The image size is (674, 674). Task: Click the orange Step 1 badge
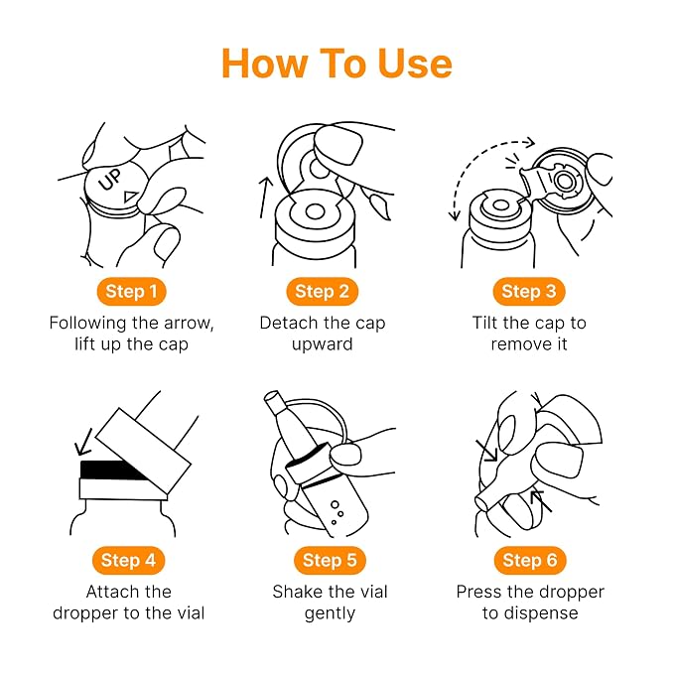coord(132,292)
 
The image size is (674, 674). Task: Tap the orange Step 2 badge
coord(322,292)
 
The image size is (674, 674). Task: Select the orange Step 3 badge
coord(529,292)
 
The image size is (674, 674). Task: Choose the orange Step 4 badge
coord(128,560)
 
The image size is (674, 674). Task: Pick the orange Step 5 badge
coord(330,560)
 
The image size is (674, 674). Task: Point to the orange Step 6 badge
coord(530,560)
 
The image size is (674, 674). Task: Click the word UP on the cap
coord(110,179)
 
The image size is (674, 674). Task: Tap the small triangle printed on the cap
coord(131,196)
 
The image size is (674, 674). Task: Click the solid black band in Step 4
coord(112,470)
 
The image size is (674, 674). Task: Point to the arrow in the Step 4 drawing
coord(83,442)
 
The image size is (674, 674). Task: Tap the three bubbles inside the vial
coord(337,512)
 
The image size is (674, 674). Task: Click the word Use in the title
coord(415,64)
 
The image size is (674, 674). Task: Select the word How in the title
coord(265,64)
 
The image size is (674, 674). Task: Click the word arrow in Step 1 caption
coord(187,324)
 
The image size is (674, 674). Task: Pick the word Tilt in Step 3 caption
coord(484,323)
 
